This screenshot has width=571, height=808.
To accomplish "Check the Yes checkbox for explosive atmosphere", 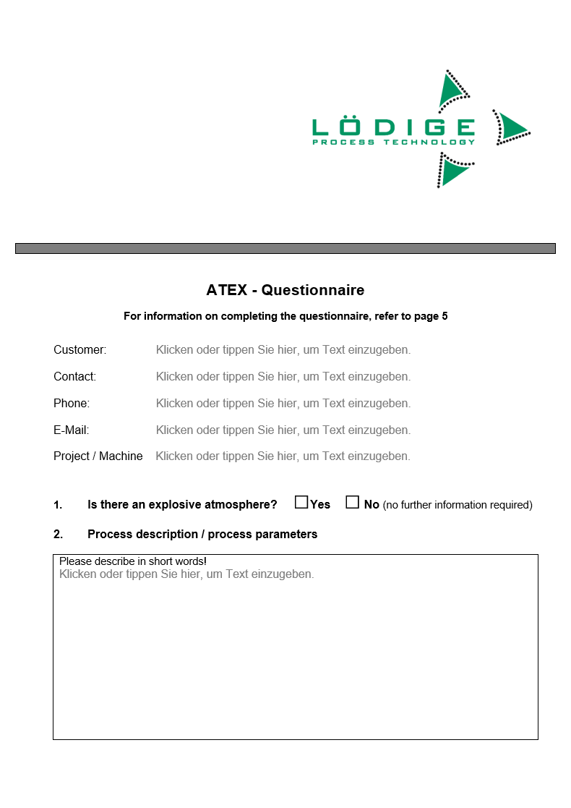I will coord(301,503).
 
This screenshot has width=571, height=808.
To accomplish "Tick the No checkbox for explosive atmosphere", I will coord(352,503).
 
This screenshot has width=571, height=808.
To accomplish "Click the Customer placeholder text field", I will coord(283,350).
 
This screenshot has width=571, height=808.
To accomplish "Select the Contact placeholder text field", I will coord(283,377).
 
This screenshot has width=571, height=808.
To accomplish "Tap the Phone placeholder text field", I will coord(283,404).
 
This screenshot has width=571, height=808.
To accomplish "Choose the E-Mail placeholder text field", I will coord(283,430).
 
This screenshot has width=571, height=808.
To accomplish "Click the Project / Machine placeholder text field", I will coord(283,456).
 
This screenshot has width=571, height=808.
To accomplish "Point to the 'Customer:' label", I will coord(80,350).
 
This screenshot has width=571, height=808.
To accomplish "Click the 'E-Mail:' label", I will coord(71,430).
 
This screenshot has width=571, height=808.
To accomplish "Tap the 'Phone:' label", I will coord(72,404).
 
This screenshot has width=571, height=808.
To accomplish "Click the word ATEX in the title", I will coord(226,291).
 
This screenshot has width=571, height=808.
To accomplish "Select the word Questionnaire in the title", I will coord(313,291).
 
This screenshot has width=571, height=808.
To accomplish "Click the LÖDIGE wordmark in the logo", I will coord(393,127).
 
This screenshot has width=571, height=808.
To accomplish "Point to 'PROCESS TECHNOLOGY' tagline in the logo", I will coord(393,143).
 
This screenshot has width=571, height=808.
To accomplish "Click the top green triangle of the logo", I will coord(452,92).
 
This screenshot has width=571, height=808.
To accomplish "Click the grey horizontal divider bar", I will coord(285,249).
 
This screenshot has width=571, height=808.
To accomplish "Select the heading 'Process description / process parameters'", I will coord(202,535).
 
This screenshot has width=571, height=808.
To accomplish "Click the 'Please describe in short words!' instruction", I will coord(133,561).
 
